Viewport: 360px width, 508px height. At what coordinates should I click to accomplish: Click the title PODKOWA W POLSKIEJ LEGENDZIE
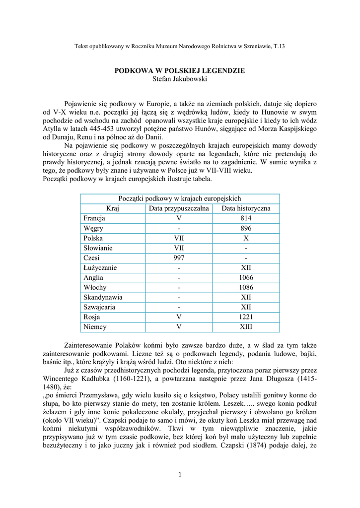tap(179, 71)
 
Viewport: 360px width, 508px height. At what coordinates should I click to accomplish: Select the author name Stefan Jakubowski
tap(179, 78)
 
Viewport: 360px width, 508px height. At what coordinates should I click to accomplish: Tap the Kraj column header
tap(113, 208)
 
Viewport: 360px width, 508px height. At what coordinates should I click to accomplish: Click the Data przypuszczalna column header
tap(179, 208)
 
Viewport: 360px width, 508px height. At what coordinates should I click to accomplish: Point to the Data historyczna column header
tap(246, 208)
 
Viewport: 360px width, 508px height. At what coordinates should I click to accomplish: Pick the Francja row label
tap(94, 218)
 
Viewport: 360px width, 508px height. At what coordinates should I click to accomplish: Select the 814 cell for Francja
tap(246, 218)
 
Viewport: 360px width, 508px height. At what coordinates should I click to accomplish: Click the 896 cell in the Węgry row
tap(246, 228)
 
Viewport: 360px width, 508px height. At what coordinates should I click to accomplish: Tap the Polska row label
tap(93, 238)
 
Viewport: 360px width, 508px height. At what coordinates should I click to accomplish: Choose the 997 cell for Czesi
tap(179, 258)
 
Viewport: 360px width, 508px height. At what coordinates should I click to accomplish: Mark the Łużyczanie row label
tap(100, 268)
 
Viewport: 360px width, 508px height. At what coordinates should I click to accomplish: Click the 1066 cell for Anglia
tap(246, 278)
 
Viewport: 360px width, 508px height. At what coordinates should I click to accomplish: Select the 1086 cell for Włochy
tap(246, 288)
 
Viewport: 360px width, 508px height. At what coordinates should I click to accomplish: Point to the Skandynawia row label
tap(103, 298)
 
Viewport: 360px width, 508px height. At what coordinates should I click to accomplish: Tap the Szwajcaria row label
tap(99, 308)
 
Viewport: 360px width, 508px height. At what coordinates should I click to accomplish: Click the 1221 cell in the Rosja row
tap(246, 317)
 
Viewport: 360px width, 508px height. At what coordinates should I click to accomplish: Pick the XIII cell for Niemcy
tap(246, 327)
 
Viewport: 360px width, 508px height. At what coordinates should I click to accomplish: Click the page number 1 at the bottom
tap(180, 475)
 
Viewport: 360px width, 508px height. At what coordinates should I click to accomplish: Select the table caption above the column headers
tap(179, 198)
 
